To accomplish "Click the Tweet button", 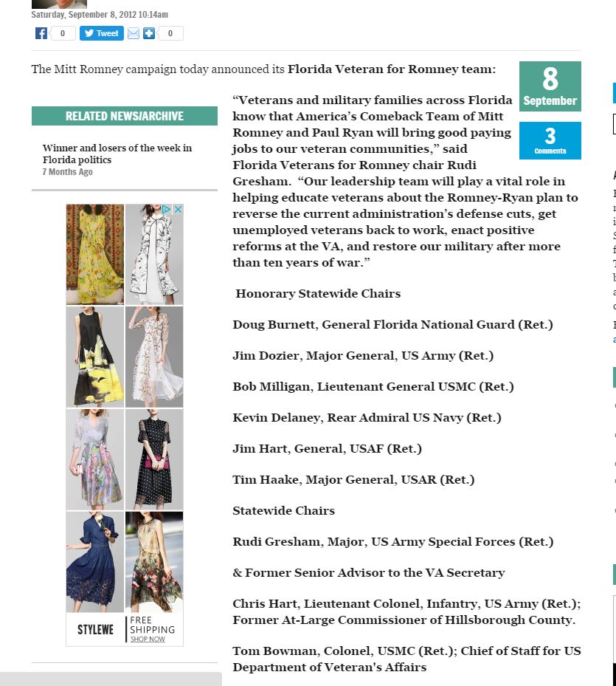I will (x=102, y=33).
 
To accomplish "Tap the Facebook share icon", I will (x=41, y=33).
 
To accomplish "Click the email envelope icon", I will (x=134, y=33).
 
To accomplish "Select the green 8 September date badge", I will (x=550, y=86).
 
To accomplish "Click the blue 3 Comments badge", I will (x=550, y=140).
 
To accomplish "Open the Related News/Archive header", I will (x=124, y=116).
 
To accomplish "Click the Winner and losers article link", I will (x=117, y=154).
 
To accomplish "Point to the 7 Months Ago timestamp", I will (x=67, y=172).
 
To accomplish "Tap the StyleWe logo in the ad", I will (x=95, y=630).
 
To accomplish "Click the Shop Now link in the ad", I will (x=148, y=639).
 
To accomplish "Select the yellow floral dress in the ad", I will (x=95, y=254).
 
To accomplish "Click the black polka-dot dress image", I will (x=154, y=459).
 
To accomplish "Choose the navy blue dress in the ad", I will (x=95, y=561).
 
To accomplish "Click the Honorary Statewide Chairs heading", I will (x=318, y=294).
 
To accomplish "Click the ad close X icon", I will (x=178, y=210).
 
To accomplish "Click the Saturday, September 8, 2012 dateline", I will (x=100, y=14).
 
